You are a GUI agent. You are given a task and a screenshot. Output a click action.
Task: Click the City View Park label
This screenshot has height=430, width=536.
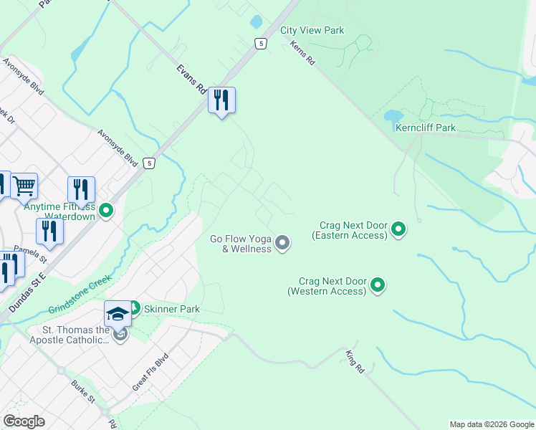click(x=312, y=30)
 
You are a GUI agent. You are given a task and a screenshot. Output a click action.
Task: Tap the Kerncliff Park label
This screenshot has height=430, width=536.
click(x=426, y=128)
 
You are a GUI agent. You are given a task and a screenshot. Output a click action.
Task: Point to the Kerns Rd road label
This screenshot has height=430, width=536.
click(x=303, y=54)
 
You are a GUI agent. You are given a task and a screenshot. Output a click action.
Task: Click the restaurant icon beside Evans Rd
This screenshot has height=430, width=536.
click(x=222, y=100)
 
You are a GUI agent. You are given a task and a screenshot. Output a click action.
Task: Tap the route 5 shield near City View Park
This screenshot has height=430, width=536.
click(x=260, y=44)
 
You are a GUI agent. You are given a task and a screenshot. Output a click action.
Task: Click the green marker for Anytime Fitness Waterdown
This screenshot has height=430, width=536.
click(x=106, y=211)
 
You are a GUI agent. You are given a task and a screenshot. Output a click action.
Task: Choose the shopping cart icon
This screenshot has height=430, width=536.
click(x=24, y=186)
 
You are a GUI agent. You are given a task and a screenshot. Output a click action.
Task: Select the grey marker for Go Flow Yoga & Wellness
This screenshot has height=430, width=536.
click(x=282, y=244)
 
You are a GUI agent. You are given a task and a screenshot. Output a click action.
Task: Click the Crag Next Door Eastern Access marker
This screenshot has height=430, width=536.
click(x=399, y=230)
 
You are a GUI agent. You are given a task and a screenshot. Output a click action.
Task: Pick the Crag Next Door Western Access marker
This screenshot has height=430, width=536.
click(x=378, y=286)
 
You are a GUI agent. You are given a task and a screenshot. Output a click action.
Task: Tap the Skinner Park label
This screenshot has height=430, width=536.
click(x=171, y=309)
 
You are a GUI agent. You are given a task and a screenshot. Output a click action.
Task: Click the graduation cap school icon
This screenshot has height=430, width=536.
click(x=118, y=314)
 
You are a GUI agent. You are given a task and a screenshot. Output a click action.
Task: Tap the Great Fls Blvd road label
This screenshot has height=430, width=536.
click(x=149, y=372)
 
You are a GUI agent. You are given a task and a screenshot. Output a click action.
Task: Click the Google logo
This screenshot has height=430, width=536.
click(x=24, y=421)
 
